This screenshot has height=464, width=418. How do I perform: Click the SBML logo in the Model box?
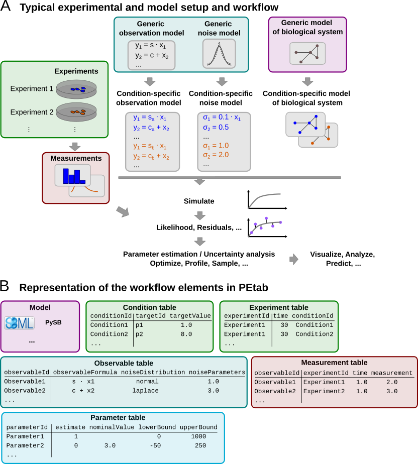(20, 323)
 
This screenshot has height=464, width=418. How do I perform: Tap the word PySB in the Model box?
(53, 322)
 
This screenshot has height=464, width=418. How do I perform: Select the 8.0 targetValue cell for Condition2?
(186, 334)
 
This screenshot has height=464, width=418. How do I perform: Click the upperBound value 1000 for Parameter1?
(199, 436)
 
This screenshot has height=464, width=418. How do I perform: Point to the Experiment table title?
(279, 307)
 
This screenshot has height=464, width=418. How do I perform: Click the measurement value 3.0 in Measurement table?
(392, 391)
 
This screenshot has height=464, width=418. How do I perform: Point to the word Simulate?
(199, 201)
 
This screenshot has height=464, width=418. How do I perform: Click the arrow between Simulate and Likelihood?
(200, 215)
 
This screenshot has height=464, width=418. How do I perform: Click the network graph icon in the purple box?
(307, 53)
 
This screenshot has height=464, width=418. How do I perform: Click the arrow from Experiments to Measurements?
(75, 146)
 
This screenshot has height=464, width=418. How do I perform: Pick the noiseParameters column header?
(217, 372)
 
